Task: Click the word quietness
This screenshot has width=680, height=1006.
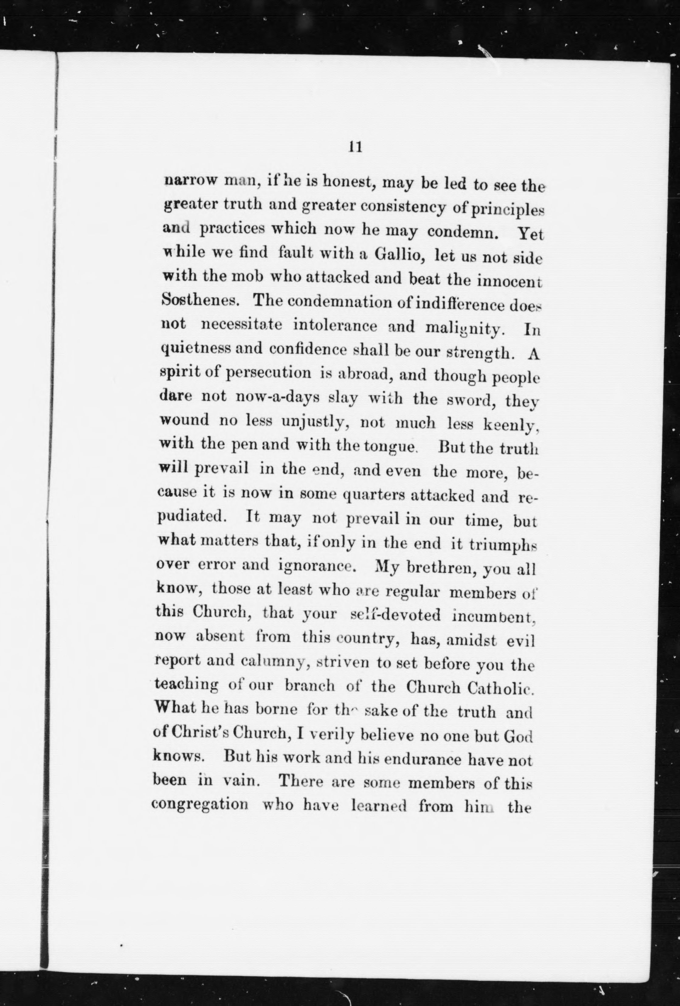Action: tap(194, 349)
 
